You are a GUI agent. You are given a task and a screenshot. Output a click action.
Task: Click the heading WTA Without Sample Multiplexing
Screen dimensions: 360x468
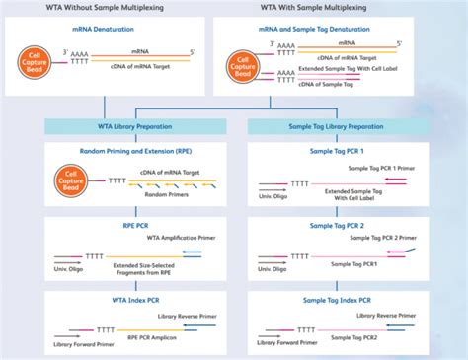(115, 9)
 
